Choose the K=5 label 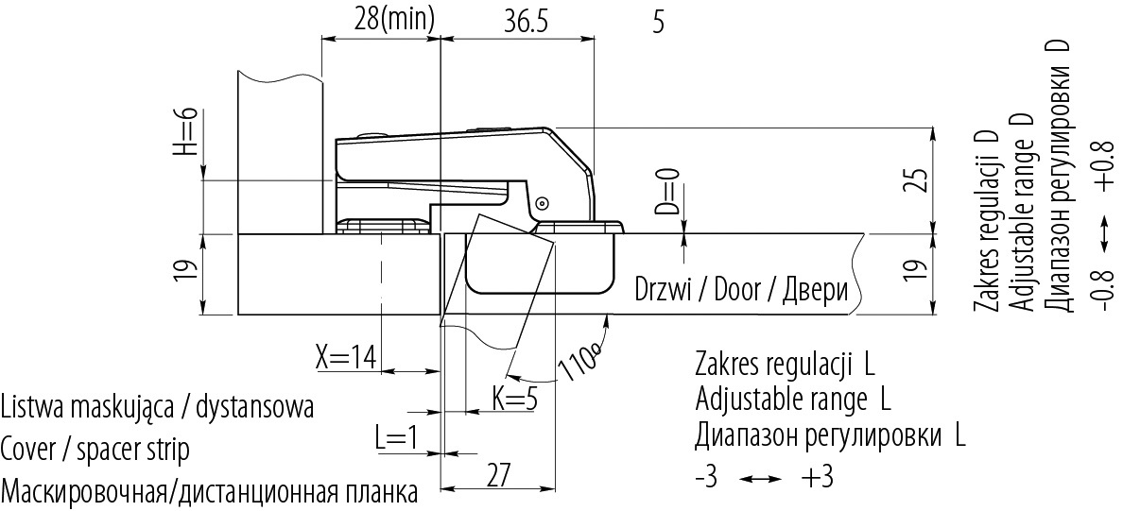point(514,398)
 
